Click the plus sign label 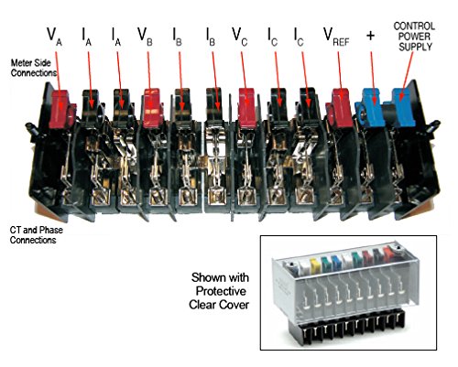370,34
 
